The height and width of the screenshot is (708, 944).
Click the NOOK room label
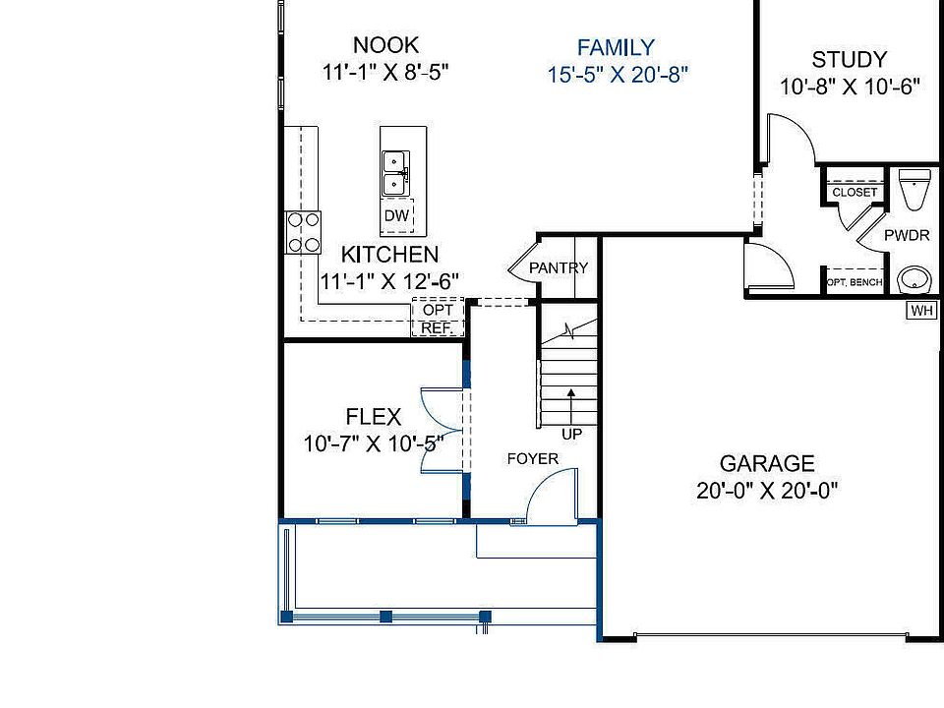[385, 44]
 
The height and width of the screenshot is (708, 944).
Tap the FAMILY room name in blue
[616, 47]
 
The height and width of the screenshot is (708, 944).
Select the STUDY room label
[850, 59]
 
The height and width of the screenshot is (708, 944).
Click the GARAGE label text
[767, 463]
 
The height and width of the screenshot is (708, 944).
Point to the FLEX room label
[373, 417]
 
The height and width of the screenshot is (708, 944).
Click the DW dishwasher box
[396, 215]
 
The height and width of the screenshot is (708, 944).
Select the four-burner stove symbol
[304, 232]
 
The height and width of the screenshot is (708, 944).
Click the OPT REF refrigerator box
[437, 319]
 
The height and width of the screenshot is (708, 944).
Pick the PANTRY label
[559, 267]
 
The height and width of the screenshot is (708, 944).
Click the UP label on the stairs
[570, 433]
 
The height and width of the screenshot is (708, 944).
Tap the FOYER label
[532, 458]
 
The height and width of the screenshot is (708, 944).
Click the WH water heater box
[921, 311]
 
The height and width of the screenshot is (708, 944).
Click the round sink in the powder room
[914, 279]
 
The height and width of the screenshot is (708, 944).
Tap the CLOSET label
[854, 193]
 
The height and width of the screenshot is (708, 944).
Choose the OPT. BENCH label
[854, 282]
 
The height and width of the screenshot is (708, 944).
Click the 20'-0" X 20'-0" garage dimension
[767, 491]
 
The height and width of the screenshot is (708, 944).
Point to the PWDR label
[906, 237]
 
